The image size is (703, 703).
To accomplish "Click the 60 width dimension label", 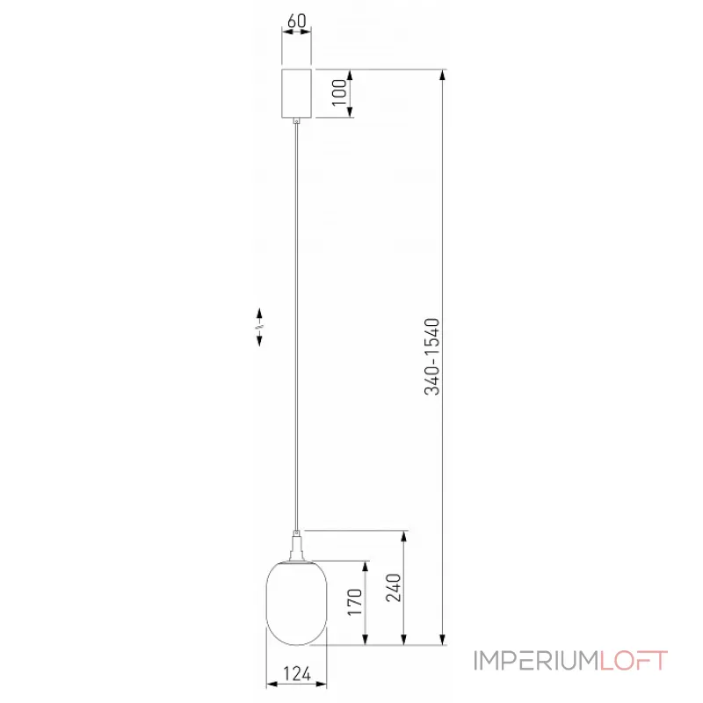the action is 296,20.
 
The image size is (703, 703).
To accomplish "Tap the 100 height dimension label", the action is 339,92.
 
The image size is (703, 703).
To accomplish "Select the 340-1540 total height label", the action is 432,357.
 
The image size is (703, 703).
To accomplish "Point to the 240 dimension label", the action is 393,587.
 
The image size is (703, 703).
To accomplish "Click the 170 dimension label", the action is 355,602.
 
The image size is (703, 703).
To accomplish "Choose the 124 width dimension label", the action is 297,673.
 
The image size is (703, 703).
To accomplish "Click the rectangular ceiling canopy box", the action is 296,93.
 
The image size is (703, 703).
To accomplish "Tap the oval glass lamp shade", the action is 296,603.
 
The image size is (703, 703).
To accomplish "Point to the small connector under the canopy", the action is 296,120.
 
